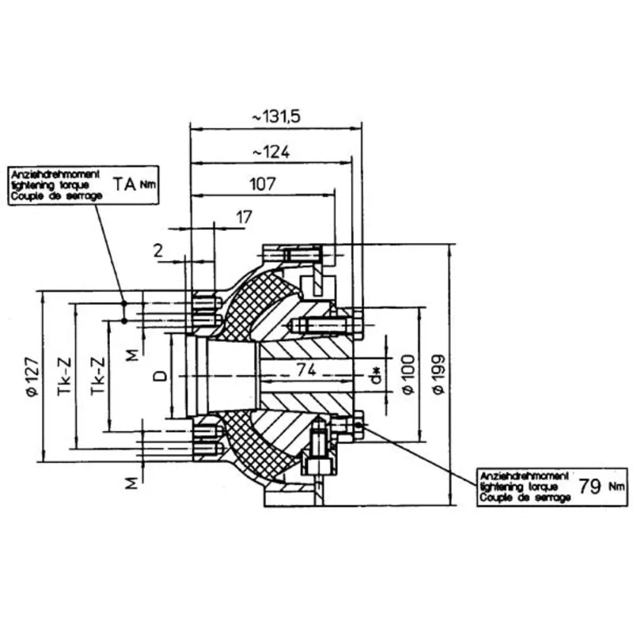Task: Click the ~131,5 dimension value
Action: click(x=277, y=116)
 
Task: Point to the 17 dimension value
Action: click(x=244, y=215)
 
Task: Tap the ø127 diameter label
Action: click(x=32, y=379)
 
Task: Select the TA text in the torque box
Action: click(x=124, y=184)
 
